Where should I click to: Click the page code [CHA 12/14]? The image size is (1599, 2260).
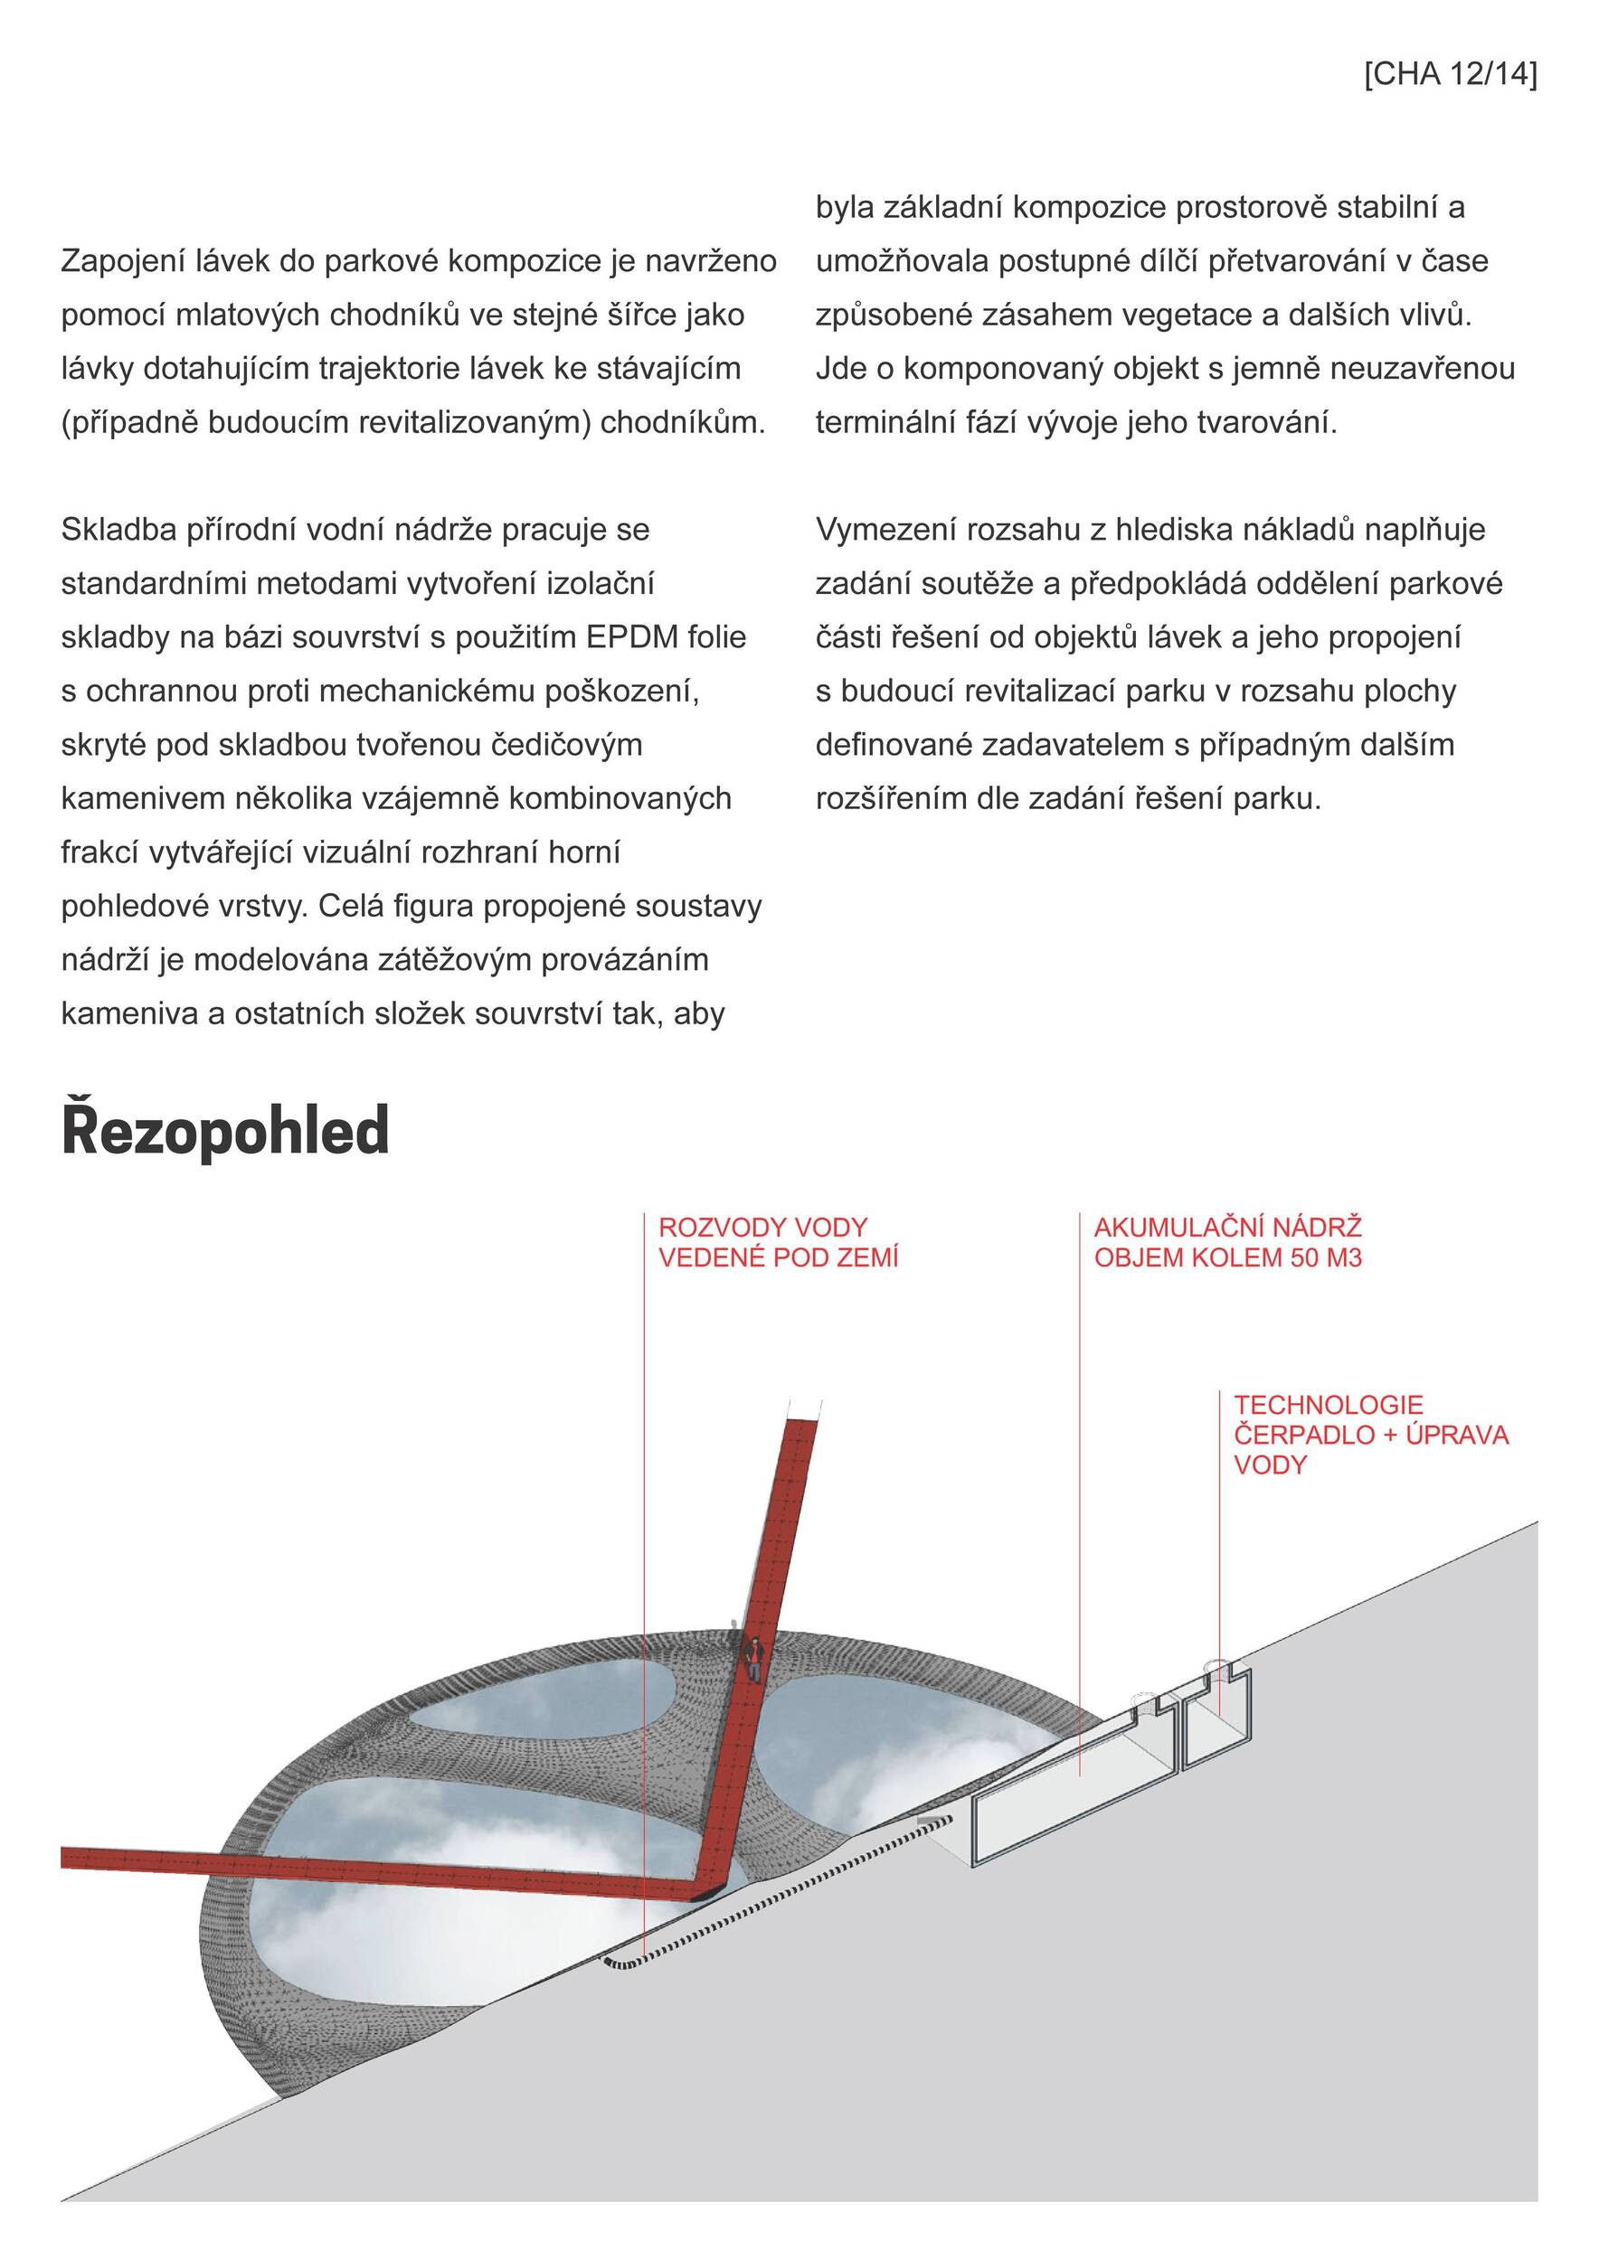click(1450, 75)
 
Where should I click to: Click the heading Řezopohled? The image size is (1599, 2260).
click(225, 1131)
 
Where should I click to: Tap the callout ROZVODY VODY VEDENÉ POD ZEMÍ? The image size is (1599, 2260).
click(778, 1242)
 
